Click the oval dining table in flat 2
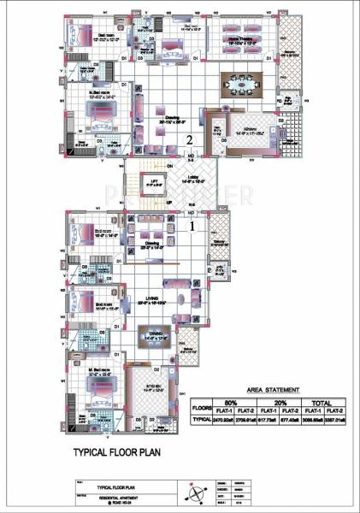point(242,85)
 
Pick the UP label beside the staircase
point(168,202)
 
